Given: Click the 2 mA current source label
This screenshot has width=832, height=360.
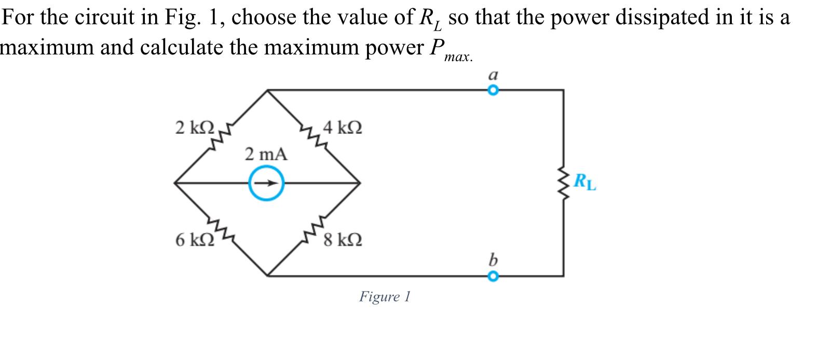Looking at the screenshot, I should [266, 154].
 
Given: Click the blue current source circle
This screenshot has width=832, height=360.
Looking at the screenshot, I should [266, 183].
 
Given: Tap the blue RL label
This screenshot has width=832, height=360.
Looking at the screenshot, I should [585, 183].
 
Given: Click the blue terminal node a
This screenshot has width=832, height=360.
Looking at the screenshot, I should [493, 90].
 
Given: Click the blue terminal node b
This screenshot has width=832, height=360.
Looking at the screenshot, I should [493, 276].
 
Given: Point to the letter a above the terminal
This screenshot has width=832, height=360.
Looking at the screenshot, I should [493, 75].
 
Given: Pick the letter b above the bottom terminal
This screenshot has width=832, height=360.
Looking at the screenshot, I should [493, 259].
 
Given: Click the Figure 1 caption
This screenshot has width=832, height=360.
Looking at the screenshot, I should [385, 297].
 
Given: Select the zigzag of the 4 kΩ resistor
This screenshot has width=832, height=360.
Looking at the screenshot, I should [313, 137].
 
